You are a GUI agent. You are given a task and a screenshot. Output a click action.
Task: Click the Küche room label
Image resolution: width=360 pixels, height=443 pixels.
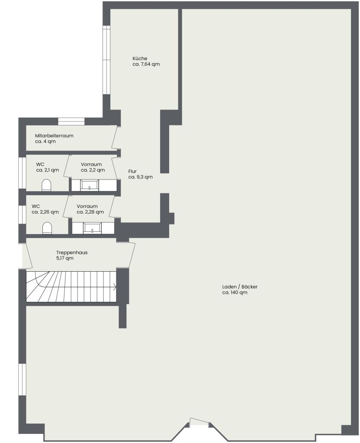pyautogui.click(x=140, y=58)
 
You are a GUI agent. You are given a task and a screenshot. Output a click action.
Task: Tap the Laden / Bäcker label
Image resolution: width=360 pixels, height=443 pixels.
pyautogui.click(x=240, y=287)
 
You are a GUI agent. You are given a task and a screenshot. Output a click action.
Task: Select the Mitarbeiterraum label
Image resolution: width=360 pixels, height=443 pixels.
pyautogui.click(x=54, y=135)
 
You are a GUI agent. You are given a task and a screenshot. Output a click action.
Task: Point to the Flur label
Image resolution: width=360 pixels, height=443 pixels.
pyautogui.click(x=132, y=171)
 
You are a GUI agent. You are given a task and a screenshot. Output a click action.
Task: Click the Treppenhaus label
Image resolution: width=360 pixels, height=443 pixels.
pyautogui.click(x=72, y=253)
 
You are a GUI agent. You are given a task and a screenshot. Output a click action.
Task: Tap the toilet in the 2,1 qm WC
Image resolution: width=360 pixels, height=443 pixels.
pyautogui.click(x=47, y=185)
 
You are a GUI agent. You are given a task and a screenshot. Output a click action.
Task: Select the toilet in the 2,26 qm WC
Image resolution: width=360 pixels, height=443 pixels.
pyautogui.click(x=47, y=228)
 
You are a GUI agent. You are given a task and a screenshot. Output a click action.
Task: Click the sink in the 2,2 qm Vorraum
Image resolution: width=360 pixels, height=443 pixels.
pyautogui.click(x=90, y=185)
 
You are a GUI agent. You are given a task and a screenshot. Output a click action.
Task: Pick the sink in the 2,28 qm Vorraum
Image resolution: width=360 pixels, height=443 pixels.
pyautogui.click(x=93, y=228)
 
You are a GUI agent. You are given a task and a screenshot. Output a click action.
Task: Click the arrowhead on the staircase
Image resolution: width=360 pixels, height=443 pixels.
pyautogui.click(x=115, y=287)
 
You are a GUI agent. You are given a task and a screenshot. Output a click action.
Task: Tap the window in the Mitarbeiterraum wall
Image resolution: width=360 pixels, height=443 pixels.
pyautogui.click(x=71, y=122)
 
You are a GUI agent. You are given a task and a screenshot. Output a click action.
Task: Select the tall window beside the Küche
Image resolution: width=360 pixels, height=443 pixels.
pyautogui.click(x=106, y=60)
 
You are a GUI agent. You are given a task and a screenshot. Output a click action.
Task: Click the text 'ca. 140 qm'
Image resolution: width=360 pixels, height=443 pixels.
pyautogui.click(x=235, y=292)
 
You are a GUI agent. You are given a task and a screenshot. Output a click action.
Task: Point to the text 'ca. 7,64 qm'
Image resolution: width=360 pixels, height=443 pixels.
pyautogui.click(x=146, y=64)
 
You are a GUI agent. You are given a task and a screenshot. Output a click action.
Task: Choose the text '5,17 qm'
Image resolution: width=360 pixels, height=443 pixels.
pyautogui.click(x=65, y=258)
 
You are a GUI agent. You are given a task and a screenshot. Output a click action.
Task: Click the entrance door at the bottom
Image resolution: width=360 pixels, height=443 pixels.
pyautogui.click(x=199, y=421)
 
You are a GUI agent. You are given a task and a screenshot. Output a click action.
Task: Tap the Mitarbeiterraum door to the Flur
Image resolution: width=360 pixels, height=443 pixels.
pyautogui.click(x=115, y=137)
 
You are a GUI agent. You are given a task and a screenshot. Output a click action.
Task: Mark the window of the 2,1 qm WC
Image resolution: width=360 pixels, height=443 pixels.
pyautogui.click(x=22, y=173)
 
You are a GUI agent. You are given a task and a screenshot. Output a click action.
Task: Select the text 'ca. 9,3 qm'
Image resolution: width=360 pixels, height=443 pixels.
pyautogui.click(x=141, y=177)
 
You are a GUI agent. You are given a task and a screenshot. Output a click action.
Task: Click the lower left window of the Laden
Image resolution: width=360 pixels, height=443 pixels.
pyautogui.click(x=22, y=379)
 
